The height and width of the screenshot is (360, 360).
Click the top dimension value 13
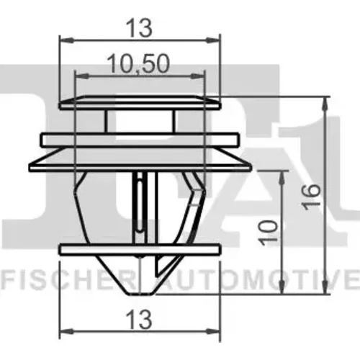139,28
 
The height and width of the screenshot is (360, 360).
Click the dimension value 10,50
138,63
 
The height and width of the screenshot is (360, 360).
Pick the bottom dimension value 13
139,320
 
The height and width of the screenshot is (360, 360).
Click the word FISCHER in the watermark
68,279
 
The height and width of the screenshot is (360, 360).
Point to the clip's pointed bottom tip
140,293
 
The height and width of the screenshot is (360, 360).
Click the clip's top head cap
140,103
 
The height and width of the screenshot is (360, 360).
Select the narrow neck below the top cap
140,121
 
